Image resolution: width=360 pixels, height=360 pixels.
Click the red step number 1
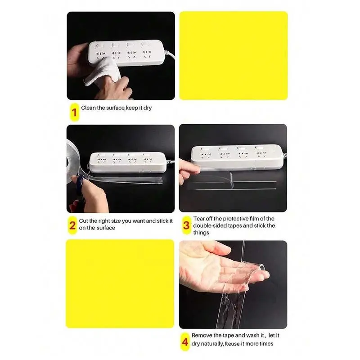[x=74, y=112]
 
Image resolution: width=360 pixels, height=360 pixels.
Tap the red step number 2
[x=72, y=225]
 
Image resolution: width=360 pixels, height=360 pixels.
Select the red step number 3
[x=186, y=225]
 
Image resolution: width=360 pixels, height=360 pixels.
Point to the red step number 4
[x=185, y=342]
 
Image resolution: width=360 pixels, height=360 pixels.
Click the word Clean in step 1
[x=88, y=108]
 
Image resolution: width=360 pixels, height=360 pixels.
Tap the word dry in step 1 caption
[x=148, y=108]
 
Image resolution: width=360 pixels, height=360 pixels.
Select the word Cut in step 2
[x=83, y=221]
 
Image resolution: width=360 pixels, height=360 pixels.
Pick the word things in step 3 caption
[x=201, y=233]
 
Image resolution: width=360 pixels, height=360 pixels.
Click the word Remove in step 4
[x=202, y=335]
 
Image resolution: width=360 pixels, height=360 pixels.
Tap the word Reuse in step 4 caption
[x=232, y=344]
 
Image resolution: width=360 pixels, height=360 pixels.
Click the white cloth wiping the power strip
[x=103, y=72]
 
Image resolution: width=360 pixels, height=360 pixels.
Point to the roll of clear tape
[x=73, y=161]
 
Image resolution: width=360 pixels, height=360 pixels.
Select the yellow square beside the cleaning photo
[x=234, y=56]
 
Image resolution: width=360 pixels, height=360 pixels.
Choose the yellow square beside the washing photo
[x=120, y=284]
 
